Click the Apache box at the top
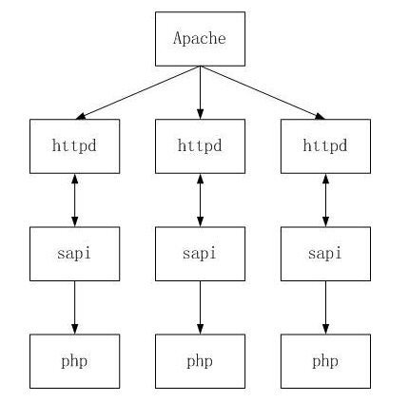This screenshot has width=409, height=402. [x=200, y=39]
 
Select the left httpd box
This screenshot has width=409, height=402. [x=75, y=146]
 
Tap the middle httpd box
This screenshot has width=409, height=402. [x=200, y=146]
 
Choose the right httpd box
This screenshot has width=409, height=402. [x=325, y=146]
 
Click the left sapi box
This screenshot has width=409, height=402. [x=75, y=254]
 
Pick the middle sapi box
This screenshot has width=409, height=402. [x=200, y=254]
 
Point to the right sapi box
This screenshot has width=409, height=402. [x=325, y=254]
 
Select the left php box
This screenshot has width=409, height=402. [x=75, y=361]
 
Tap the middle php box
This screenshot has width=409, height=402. [x=200, y=361]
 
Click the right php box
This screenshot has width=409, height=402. [x=325, y=361]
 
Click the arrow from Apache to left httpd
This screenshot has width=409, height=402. [x=138, y=92]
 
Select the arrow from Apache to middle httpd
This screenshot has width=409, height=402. [x=200, y=92]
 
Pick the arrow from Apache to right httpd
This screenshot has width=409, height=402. [x=263, y=92]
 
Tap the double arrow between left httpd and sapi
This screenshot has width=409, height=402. [x=75, y=201]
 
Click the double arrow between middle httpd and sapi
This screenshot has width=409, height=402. [x=200, y=201]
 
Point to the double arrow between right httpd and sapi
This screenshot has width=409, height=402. [x=325, y=201]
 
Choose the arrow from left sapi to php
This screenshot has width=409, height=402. [x=75, y=308]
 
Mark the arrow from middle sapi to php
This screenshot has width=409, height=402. [x=200, y=308]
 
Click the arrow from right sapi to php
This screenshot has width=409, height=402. [x=325, y=308]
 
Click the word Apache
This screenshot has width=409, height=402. [x=200, y=39]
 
